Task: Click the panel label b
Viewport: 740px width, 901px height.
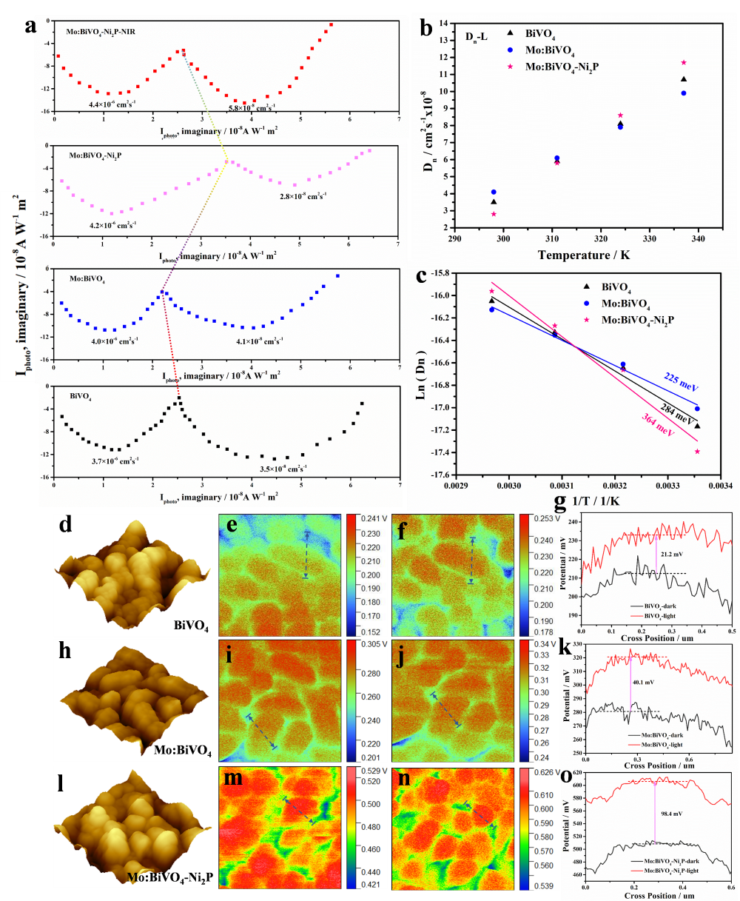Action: (426, 29)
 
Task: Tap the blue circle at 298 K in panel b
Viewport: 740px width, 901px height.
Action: (494, 192)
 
